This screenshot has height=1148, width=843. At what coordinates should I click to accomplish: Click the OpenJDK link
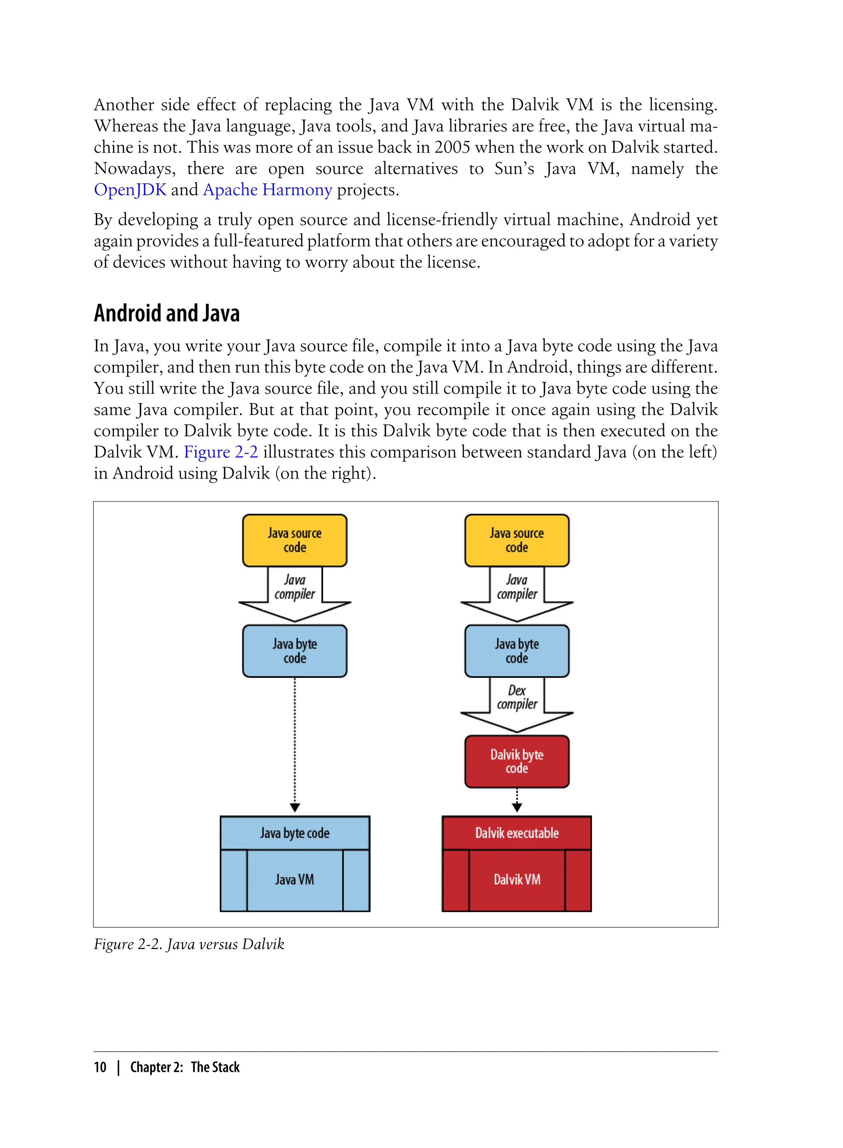pos(130,190)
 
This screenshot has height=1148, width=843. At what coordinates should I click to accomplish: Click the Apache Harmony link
pos(268,190)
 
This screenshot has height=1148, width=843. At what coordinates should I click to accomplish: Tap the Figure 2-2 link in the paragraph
pos(221,452)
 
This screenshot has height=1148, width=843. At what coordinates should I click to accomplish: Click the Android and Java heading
pos(166,313)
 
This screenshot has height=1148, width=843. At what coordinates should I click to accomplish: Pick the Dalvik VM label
pos(517,880)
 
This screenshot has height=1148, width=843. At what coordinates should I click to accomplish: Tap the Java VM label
pos(294,880)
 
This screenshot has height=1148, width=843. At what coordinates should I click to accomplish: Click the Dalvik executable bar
pos(517,833)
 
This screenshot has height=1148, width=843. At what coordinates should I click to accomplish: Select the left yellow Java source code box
pos(294,540)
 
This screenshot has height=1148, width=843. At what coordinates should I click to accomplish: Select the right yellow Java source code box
pos(517,540)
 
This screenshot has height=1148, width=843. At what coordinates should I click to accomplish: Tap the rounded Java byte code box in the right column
pos(517,651)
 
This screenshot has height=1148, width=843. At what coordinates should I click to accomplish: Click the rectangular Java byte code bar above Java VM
pos(294,833)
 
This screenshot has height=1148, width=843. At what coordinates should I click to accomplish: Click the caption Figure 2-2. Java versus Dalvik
pos(189,944)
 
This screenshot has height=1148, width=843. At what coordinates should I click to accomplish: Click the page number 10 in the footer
pos(100,1067)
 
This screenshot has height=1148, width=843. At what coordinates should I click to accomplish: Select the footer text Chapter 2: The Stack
pos(185,1067)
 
